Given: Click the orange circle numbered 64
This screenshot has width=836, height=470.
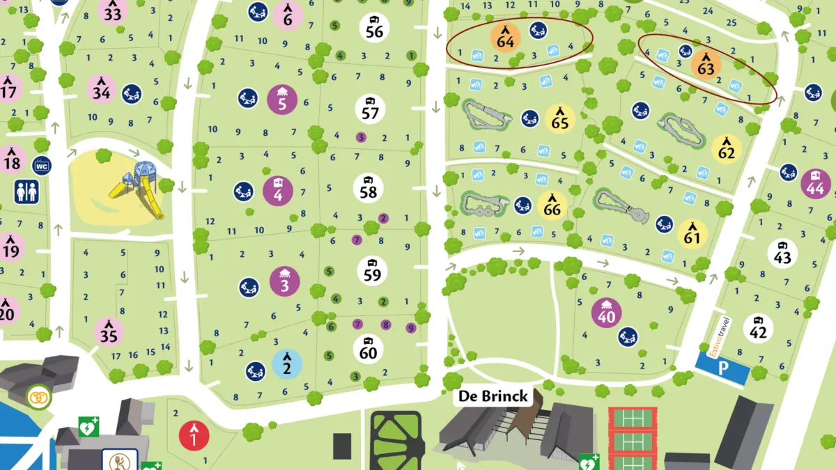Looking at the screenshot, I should (x=505, y=38).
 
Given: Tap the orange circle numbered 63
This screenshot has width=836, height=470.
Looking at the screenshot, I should (x=706, y=65).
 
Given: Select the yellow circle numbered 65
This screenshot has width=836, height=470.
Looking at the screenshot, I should (x=560, y=118).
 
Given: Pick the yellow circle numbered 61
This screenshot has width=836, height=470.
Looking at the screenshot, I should (x=692, y=234).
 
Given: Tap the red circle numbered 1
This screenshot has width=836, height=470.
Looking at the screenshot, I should (x=194, y=435).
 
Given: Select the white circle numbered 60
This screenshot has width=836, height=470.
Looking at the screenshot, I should (x=368, y=348).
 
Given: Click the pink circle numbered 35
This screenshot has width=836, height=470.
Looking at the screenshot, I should (x=108, y=333).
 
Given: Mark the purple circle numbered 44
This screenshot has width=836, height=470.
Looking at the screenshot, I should (x=815, y=183).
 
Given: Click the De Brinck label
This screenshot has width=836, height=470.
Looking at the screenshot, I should (x=493, y=397).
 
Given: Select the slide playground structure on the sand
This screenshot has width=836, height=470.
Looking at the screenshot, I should (x=136, y=187).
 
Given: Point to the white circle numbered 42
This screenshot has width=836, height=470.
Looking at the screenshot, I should (x=757, y=328).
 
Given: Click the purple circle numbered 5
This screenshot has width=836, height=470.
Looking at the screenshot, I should (x=282, y=100).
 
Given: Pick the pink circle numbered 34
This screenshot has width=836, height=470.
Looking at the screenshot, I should (x=101, y=89).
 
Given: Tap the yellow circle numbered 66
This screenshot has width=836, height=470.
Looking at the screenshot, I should (x=552, y=205).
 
